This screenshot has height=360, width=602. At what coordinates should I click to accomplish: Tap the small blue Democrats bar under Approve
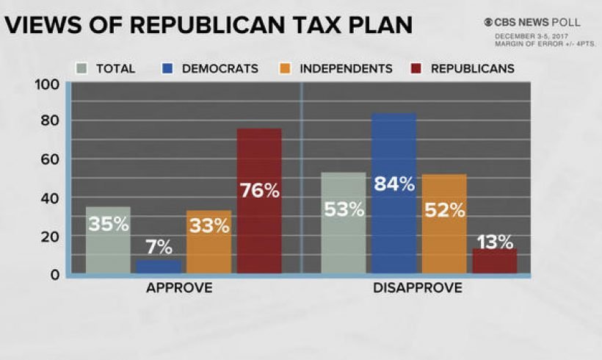point(158,266)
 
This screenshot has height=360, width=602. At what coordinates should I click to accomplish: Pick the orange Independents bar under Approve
point(208,242)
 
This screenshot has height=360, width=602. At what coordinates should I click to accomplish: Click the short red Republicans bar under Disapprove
point(494,261)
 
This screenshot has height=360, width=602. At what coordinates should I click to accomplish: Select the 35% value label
point(109,224)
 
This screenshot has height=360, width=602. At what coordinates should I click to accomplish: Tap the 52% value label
point(444,210)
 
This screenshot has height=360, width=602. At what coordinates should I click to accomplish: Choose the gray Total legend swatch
point(81,69)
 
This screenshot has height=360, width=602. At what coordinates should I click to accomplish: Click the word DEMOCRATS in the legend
point(220,69)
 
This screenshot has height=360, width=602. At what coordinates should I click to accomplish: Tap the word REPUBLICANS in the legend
point(472,69)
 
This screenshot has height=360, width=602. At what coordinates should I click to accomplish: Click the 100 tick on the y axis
point(46,84)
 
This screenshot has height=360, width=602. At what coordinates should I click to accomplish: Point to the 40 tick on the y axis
point(48,198)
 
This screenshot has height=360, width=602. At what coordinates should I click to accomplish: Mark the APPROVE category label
point(179,288)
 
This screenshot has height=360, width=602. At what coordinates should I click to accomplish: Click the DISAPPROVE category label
point(418,288)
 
